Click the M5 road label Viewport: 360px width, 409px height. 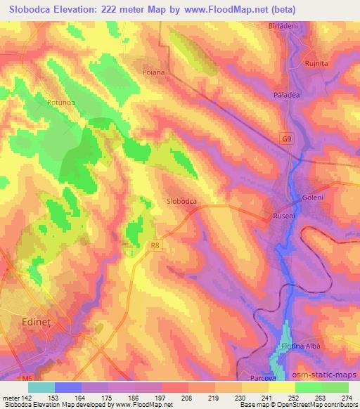pyautogui.click(x=8, y=380)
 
